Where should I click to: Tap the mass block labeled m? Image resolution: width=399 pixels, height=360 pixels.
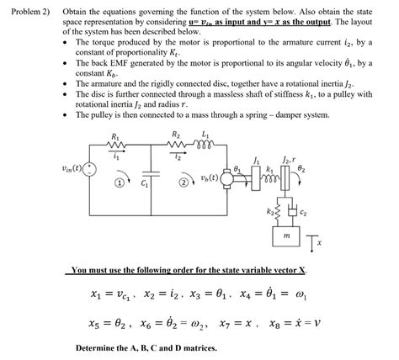288,239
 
